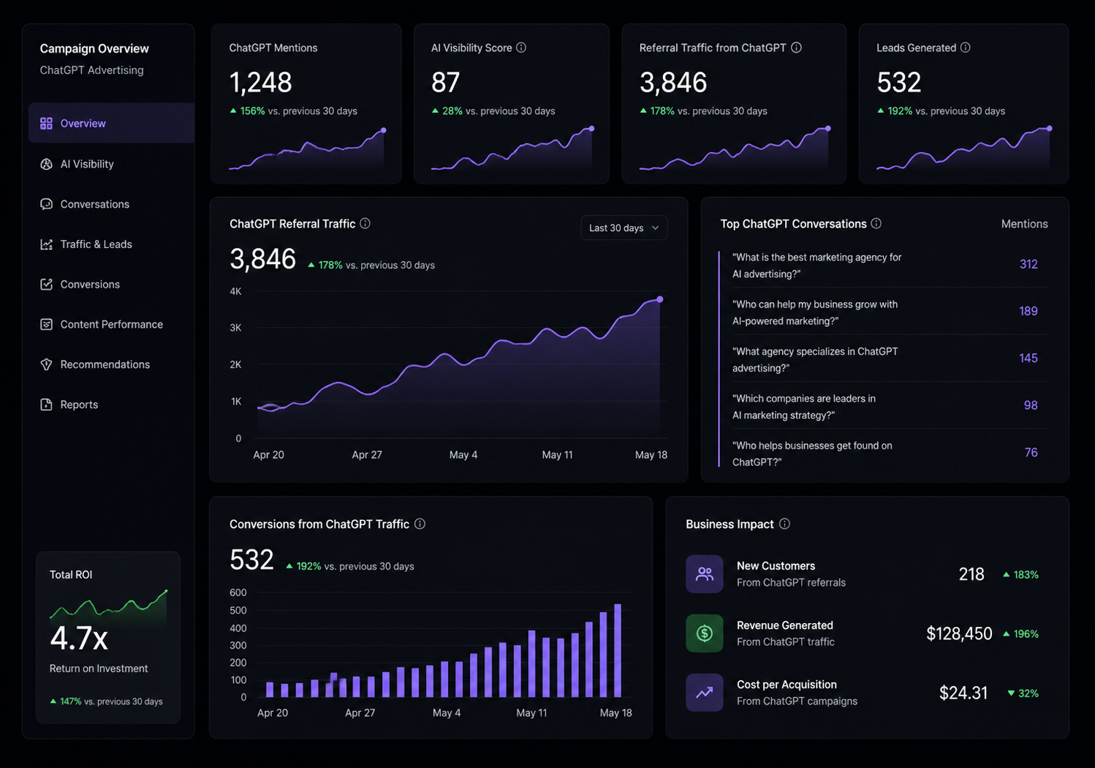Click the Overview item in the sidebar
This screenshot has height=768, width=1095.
111,124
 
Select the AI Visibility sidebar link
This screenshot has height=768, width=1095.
86,164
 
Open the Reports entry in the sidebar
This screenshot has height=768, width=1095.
79,404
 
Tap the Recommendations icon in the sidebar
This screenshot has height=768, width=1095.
47,364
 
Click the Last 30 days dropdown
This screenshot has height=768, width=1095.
624,228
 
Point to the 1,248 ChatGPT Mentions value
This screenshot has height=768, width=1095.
260,82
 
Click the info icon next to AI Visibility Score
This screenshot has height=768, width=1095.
521,48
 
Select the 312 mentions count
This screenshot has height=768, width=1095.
1028,264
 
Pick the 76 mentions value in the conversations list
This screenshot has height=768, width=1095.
1031,453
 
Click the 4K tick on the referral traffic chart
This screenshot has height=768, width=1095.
235,292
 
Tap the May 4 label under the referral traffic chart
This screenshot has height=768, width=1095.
463,455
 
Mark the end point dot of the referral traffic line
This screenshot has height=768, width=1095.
660,299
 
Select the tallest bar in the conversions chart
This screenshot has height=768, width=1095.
618,650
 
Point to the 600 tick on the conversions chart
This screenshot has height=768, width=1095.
238,592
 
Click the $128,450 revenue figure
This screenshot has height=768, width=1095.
959,634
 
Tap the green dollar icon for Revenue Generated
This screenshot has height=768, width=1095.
705,633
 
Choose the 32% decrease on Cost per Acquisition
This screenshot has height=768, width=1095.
1023,693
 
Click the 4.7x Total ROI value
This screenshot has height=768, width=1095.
79,639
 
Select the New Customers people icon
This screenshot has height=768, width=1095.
705,573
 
